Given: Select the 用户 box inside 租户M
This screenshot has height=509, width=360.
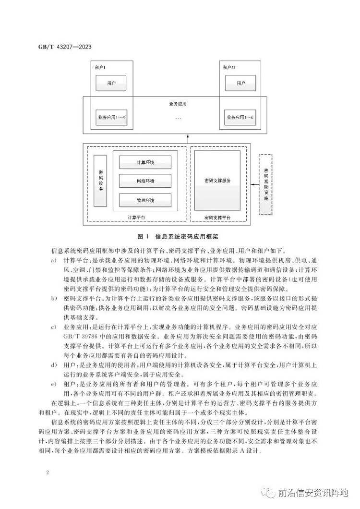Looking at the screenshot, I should [241, 84].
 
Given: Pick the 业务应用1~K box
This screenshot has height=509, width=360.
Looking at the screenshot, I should [241, 117].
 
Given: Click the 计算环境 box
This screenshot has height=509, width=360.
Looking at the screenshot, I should [145, 162].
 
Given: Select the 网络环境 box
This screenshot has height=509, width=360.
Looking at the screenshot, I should [145, 181].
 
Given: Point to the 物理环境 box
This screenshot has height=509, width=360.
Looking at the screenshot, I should [145, 199].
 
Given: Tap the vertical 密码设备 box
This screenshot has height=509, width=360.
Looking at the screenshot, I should [100, 181].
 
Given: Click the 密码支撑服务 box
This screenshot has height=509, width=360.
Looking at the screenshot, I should [217, 181].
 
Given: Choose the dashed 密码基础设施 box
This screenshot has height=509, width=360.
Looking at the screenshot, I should [265, 184].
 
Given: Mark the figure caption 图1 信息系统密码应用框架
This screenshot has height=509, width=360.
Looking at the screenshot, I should [178, 236].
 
